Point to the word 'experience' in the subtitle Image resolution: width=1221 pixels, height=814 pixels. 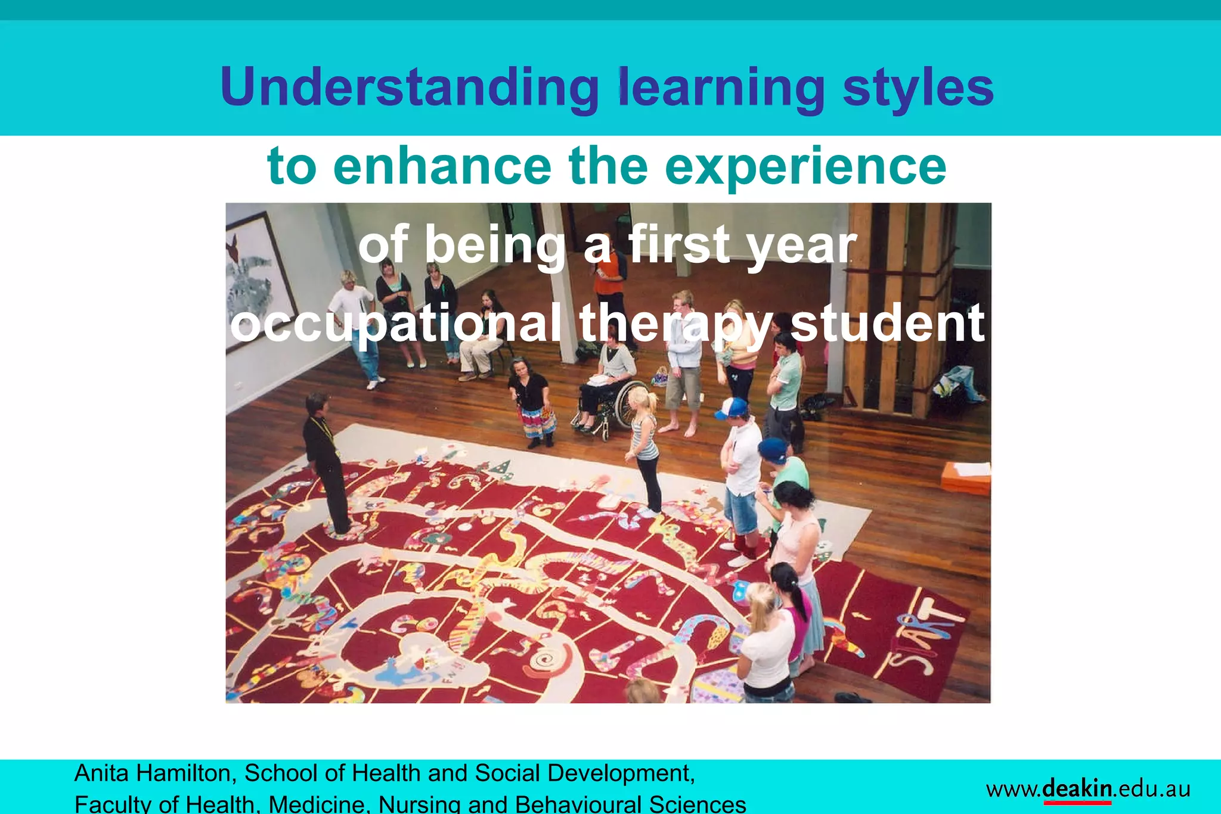point(805,167)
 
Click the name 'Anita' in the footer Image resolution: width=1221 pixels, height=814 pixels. point(101,773)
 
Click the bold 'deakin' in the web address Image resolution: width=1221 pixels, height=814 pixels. point(1077,788)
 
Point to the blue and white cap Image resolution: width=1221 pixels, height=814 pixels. point(732,408)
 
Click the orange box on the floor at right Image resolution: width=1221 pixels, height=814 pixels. point(966,477)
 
